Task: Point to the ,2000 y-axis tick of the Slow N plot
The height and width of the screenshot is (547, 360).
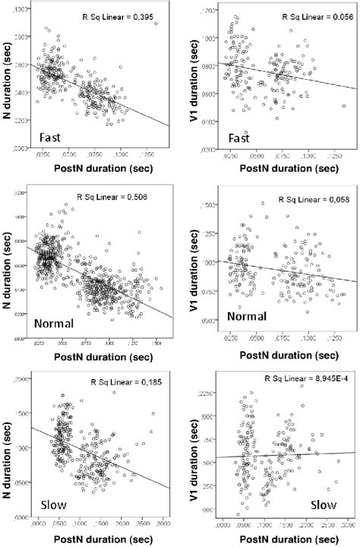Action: click(24, 378)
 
